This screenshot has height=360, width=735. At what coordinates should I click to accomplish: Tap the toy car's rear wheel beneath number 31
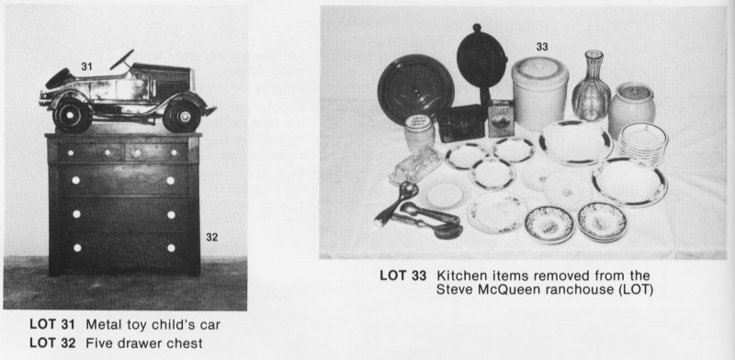(x=64, y=112)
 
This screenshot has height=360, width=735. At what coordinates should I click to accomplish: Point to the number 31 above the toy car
(x=87, y=66)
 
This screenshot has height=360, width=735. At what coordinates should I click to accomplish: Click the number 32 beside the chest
(x=212, y=237)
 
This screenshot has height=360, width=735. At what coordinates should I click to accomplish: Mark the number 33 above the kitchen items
(x=542, y=46)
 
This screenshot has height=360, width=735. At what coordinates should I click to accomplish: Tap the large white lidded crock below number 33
(x=537, y=92)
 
